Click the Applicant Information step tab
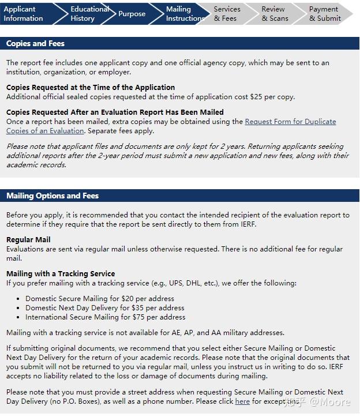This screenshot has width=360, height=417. click(24, 14)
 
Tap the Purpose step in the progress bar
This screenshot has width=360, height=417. click(132, 14)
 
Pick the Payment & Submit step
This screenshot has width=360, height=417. click(324, 14)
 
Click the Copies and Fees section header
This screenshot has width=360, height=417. click(36, 43)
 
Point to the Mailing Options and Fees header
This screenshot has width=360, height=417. click(52, 196)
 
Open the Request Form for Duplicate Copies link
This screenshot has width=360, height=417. click(290, 122)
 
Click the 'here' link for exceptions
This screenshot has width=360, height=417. click(242, 401)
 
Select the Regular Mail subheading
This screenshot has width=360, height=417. click(28, 239)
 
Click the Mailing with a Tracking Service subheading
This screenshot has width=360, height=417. click(61, 273)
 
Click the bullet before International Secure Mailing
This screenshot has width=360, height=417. click(19, 317)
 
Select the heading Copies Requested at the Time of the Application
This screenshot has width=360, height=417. click(91, 88)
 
